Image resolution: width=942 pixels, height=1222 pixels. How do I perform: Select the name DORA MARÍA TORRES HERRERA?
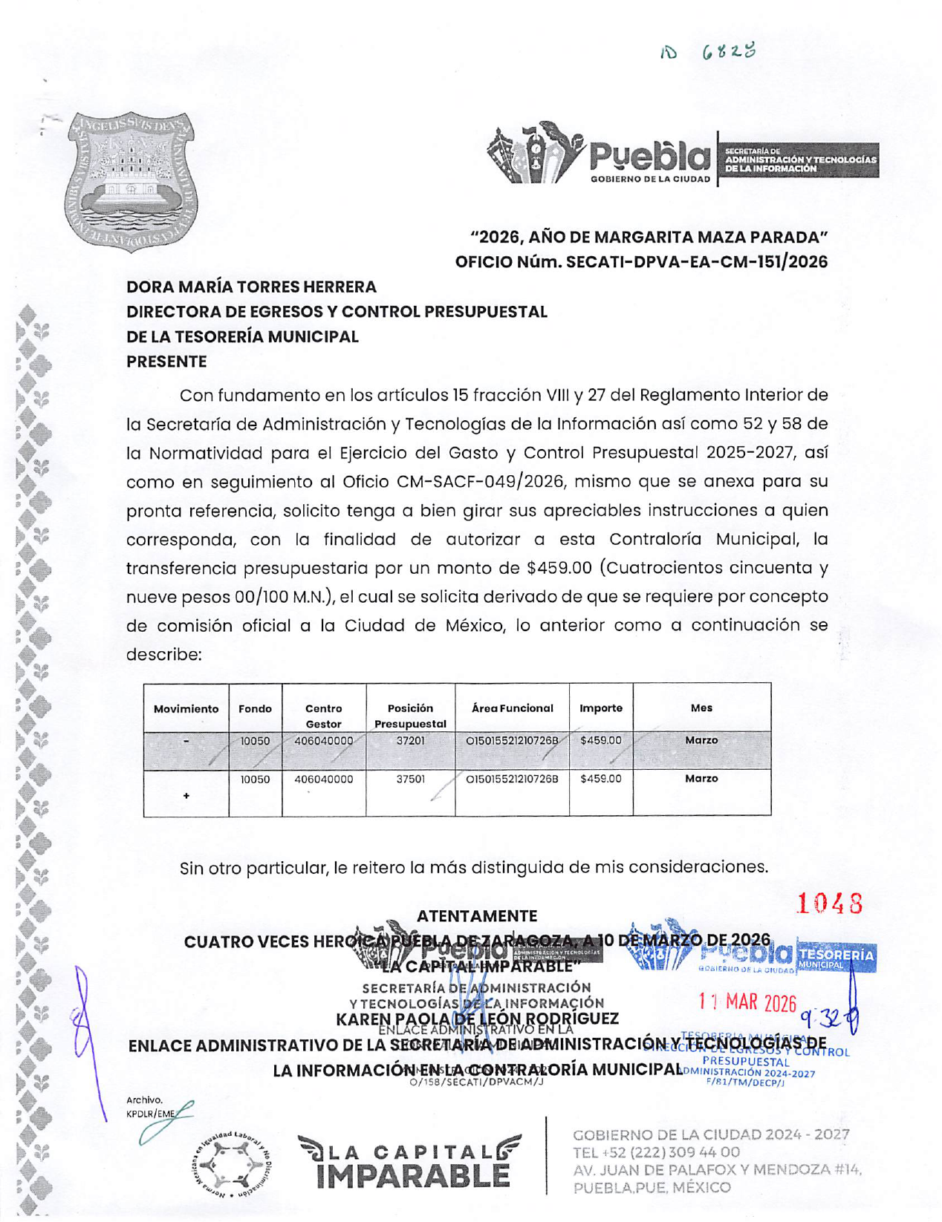click(x=251, y=287)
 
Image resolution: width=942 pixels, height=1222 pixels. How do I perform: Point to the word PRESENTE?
click(x=166, y=362)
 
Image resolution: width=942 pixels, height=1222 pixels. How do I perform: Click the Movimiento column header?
click(x=186, y=709)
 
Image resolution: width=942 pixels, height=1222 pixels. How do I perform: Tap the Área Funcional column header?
click(x=512, y=708)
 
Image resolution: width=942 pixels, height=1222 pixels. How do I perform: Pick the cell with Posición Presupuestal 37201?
click(x=410, y=741)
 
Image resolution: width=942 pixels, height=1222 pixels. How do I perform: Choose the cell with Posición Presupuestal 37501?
click(x=410, y=780)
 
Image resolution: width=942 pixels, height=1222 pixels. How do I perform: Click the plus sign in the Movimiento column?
click(x=186, y=796)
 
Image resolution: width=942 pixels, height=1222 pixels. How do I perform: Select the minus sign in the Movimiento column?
click(x=186, y=741)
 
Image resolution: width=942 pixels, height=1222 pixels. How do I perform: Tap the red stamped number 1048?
click(x=829, y=904)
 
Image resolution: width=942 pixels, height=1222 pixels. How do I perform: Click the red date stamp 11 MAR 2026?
click(x=747, y=1003)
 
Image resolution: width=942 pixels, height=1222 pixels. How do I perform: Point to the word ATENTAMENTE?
click(x=476, y=916)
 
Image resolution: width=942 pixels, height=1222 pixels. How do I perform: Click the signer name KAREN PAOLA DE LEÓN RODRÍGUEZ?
click(x=477, y=1019)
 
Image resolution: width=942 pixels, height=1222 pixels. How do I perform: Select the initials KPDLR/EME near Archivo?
click(x=151, y=1114)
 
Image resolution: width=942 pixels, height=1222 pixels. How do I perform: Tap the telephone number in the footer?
click(x=656, y=1152)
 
